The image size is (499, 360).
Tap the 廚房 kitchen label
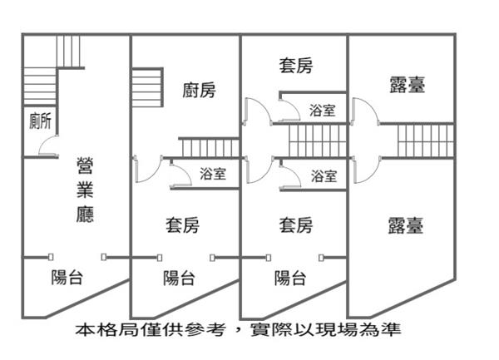[199, 90]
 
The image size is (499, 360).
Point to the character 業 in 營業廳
[85, 190]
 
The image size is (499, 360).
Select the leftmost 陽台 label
[67, 278]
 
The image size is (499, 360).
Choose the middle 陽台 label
[179, 278]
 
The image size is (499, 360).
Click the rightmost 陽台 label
[291, 278]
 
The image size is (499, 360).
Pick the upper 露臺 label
[407, 84]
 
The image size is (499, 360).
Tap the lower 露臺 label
[407, 224]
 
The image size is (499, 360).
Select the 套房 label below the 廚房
[183, 224]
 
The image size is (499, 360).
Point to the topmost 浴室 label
[323, 110]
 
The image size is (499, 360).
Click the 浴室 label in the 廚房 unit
[213, 175]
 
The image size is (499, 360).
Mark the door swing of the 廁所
[48, 148]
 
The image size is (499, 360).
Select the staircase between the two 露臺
[425, 140]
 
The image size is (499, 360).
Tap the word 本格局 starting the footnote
[97, 330]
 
